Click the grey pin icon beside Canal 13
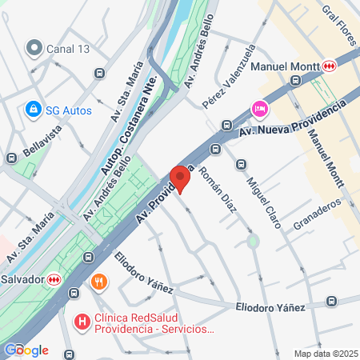coord(34,49)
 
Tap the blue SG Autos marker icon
coord(34,108)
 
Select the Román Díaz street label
coord(218,189)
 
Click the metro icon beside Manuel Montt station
coord(330,66)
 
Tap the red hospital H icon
coord(81,322)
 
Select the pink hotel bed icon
coord(259,108)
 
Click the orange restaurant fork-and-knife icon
coord(99,282)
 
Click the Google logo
coord(26,350)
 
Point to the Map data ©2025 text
coord(324,354)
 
